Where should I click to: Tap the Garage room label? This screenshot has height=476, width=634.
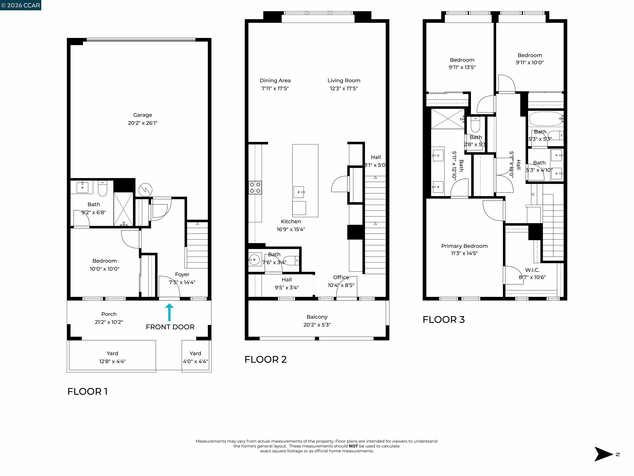coord(142,115)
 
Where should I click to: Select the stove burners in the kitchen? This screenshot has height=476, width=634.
coord(255,188)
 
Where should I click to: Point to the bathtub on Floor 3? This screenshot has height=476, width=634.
coord(545,119)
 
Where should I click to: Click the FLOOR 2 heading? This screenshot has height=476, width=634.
coord(265,359)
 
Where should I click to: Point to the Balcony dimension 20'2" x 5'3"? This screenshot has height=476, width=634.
coord(317,325)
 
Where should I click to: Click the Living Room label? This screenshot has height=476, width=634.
coord(344,81)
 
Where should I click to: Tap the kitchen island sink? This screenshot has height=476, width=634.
coord(298,192)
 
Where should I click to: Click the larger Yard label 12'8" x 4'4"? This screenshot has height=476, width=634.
coord(112,357)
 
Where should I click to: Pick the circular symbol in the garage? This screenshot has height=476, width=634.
coord(145,190)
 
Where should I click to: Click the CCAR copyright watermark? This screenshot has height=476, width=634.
coord(20,5)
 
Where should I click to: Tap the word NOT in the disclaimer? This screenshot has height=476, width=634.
coord(353,446)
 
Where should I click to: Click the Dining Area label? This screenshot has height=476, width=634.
coord(275,81)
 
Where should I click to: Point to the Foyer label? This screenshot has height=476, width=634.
coord(182,275)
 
